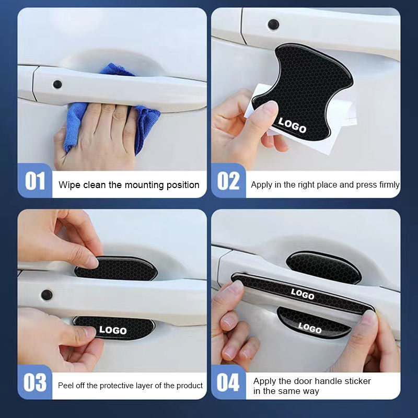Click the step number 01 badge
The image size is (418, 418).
click(35, 181)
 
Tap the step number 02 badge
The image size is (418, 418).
click(228, 181)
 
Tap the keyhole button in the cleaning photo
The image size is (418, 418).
click(57, 84)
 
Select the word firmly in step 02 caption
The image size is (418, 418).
click(387, 185)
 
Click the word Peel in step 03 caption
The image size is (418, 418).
click(66, 386)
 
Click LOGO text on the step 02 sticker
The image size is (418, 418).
click(292, 125)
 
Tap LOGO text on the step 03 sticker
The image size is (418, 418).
click(113, 330)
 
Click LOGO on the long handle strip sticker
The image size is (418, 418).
click(303, 294)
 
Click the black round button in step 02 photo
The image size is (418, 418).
click(273, 24)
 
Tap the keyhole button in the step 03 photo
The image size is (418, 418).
click(47, 294)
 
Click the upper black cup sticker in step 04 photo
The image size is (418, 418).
click(324, 266)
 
